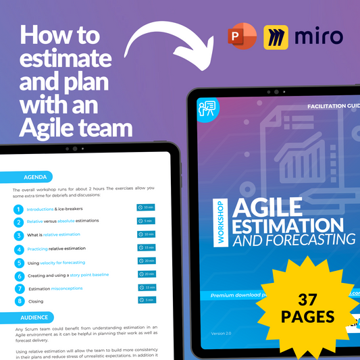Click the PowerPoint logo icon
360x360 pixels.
click(x=242, y=38)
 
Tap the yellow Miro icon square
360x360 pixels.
click(x=277, y=38)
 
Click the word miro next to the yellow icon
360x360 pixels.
click(x=319, y=37)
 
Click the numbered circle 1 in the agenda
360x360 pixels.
click(x=18, y=209)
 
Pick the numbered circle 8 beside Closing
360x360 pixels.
click(x=18, y=301)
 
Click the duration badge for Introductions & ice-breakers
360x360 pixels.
click(x=147, y=208)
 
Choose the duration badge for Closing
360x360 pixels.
click(x=147, y=300)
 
